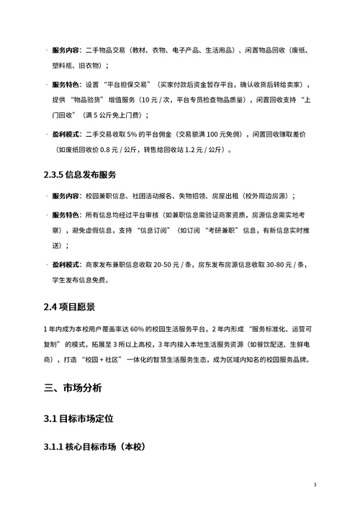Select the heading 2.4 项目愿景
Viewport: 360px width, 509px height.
tap(73, 307)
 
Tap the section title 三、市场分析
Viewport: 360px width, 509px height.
tap(73, 387)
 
